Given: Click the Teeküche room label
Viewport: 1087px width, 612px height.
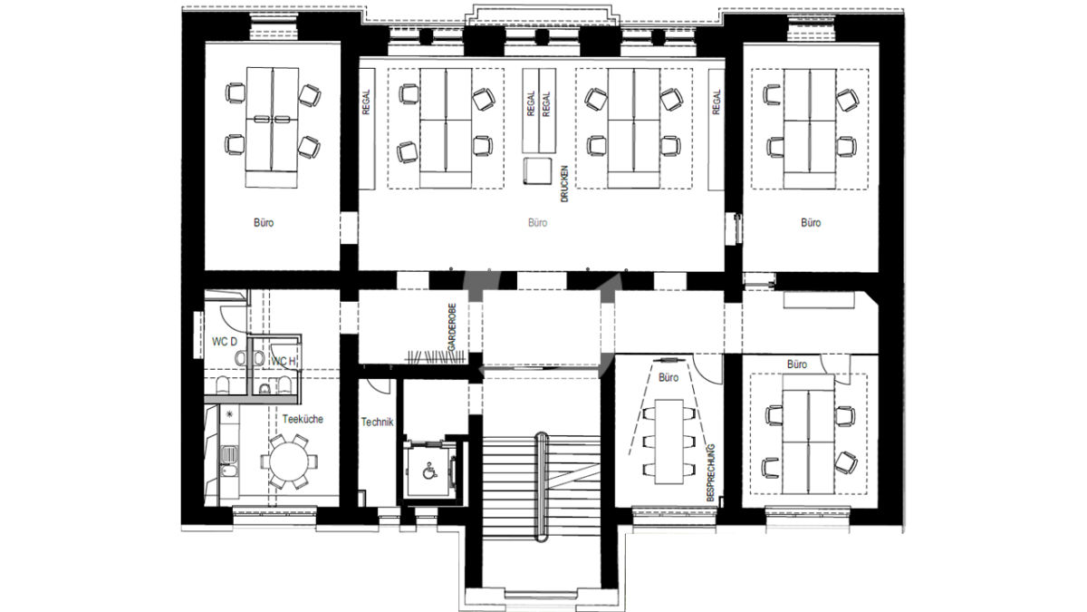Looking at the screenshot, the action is tap(303, 419).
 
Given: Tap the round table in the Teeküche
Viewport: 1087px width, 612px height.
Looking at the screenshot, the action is tap(289, 461).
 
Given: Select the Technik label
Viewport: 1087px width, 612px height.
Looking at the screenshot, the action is tap(377, 423).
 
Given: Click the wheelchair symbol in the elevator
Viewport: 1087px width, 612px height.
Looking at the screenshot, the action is tap(428, 471).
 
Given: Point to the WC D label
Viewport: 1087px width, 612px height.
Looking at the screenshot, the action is tap(225, 342).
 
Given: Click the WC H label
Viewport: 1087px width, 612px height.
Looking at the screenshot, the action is tap(283, 362).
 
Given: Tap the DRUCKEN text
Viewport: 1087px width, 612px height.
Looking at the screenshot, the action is tap(563, 184).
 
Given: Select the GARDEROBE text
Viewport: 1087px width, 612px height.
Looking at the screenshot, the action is tap(452, 327).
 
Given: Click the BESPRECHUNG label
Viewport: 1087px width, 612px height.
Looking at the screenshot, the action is tap(711, 472).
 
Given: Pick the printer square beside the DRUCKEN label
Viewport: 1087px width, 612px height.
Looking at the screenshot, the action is tap(538, 171).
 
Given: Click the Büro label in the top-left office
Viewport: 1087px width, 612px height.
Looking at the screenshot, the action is tap(264, 223).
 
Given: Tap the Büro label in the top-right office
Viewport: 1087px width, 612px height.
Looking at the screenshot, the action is tap(811, 223).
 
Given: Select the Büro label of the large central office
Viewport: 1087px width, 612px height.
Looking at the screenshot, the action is tap(537, 223).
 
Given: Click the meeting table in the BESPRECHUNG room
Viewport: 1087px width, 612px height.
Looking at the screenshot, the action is tap(669, 442).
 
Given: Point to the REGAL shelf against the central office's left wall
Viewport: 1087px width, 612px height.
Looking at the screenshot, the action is tap(367, 129).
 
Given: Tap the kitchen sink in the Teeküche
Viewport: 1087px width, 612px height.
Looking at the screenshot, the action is tap(228, 455).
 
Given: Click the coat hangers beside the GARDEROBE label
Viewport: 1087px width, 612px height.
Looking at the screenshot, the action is tap(436, 357).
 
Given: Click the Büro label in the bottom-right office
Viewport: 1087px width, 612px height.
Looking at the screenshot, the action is tap(797, 364).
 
